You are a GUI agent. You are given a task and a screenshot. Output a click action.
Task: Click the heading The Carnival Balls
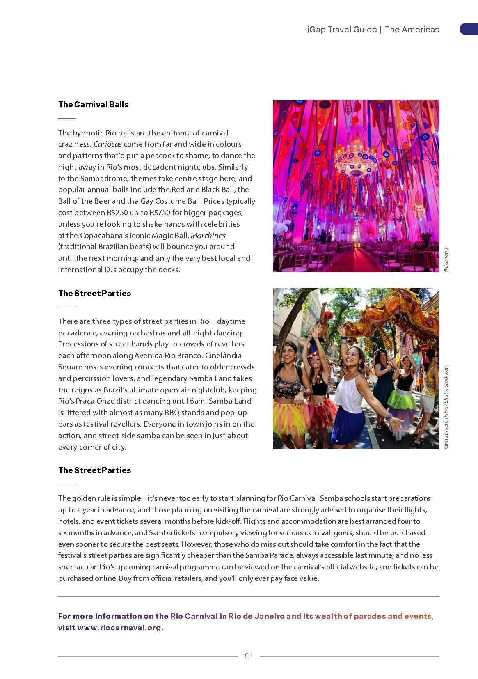[x=93, y=104]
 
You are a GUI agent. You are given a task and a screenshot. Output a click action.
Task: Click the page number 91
[x=249, y=656]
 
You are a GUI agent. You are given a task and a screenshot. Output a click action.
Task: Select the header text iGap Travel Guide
[x=342, y=30]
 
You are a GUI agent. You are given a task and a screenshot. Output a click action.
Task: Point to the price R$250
[x=119, y=213]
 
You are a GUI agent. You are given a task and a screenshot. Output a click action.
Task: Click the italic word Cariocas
[x=107, y=144]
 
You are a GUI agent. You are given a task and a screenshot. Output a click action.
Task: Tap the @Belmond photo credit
[x=446, y=260]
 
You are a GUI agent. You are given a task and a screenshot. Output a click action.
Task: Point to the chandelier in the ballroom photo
[x=355, y=158]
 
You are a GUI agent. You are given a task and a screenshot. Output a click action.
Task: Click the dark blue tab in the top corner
[x=469, y=29]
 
